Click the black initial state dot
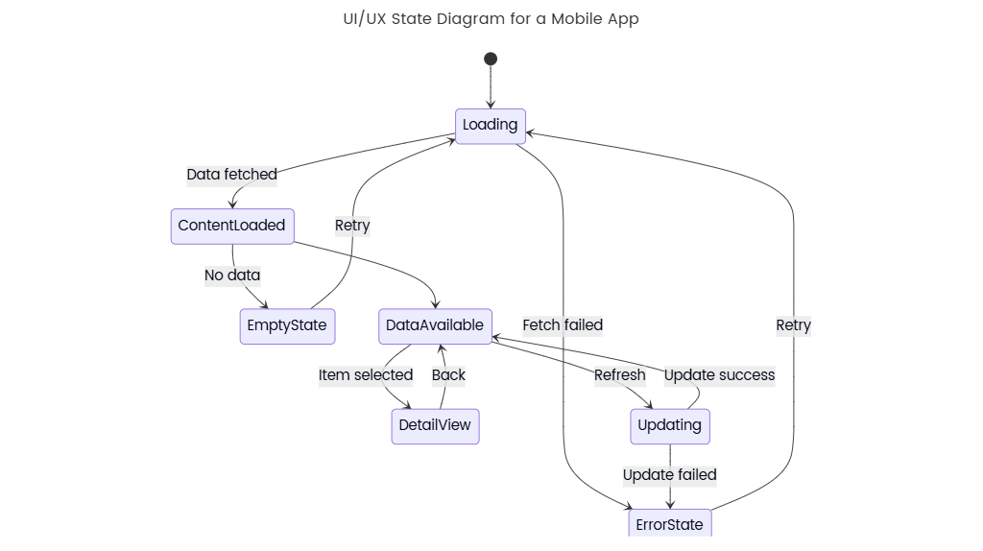click(491, 59)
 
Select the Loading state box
click(491, 126)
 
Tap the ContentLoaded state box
click(232, 227)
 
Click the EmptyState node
click(287, 325)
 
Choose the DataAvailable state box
click(435, 325)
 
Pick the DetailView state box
click(435, 425)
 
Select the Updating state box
click(670, 425)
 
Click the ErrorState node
click(670, 524)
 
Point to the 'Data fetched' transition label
click(231, 175)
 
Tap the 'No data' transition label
click(232, 275)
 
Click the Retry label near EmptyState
click(352, 226)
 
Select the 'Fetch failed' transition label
click(563, 325)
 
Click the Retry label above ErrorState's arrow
click(793, 325)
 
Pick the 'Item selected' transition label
click(366, 375)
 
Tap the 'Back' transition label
click(448, 375)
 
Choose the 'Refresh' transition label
click(619, 375)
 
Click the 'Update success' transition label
click(719, 375)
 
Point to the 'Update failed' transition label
click(669, 475)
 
